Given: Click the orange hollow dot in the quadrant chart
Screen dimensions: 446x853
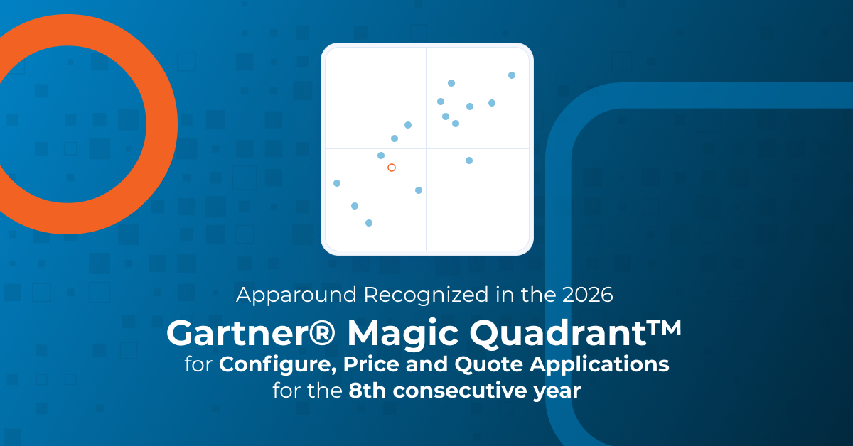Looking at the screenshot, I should [x=391, y=168].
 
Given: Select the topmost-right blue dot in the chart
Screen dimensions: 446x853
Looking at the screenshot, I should [x=512, y=75].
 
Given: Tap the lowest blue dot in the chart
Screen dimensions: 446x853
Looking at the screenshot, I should [x=369, y=223].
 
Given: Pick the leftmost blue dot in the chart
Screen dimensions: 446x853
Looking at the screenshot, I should [x=337, y=183].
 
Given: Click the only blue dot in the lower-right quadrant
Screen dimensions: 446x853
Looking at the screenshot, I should [x=469, y=161].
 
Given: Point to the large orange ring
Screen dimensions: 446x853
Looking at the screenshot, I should [x=162, y=124].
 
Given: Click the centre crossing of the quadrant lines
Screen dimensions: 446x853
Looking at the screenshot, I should [x=426, y=148].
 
